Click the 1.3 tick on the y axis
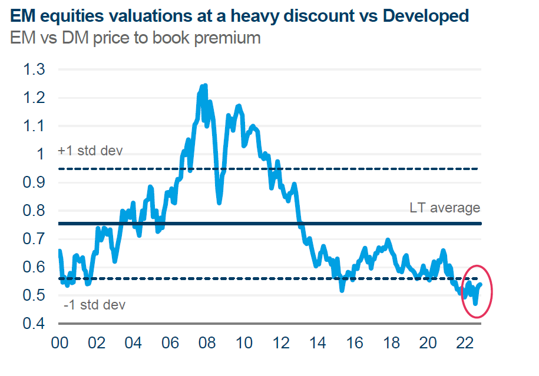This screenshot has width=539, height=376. click(x=34, y=69)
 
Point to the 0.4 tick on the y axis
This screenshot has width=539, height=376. click(x=34, y=324)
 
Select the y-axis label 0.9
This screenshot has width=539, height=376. click(x=34, y=182)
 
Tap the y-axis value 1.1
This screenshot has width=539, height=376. click(x=34, y=126)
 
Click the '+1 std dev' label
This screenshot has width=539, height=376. click(x=90, y=151)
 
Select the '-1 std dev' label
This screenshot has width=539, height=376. click(x=94, y=305)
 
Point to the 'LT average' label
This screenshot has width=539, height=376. click(x=445, y=208)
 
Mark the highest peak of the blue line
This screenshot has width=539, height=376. click(x=204, y=86)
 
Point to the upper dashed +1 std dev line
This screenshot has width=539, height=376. click(x=353, y=169)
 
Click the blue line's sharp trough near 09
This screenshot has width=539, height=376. click(x=219, y=202)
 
